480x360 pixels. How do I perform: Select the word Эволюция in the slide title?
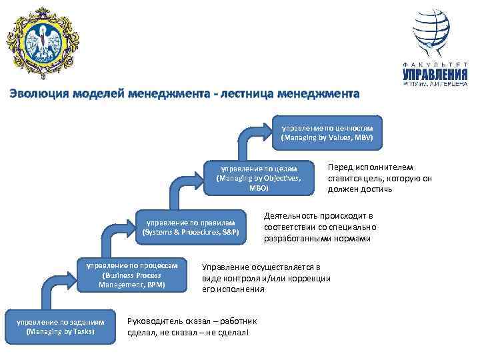[x=41, y=94]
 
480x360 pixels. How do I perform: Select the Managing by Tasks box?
[x=61, y=327]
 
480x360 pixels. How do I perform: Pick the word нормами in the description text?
[x=353, y=238]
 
